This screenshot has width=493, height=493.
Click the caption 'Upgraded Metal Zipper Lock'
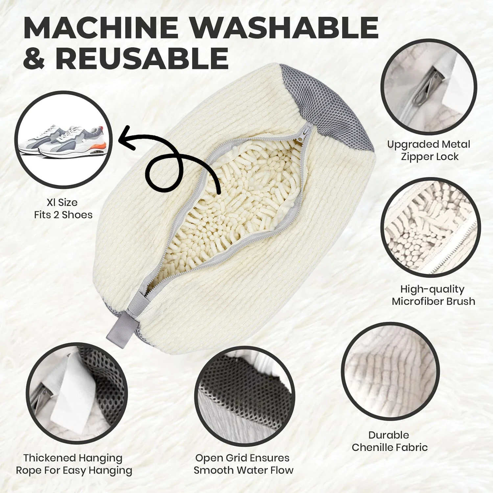coord(429,150)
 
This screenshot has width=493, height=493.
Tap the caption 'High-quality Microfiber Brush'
coord(433,295)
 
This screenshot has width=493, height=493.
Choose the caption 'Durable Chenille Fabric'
coord(389,441)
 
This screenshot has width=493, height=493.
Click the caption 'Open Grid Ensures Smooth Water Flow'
coord(243,464)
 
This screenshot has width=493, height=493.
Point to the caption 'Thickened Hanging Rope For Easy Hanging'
coord(74,464)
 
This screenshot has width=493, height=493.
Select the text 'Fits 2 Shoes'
coord(63,215)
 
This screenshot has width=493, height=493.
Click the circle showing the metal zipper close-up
coord(429,86)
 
